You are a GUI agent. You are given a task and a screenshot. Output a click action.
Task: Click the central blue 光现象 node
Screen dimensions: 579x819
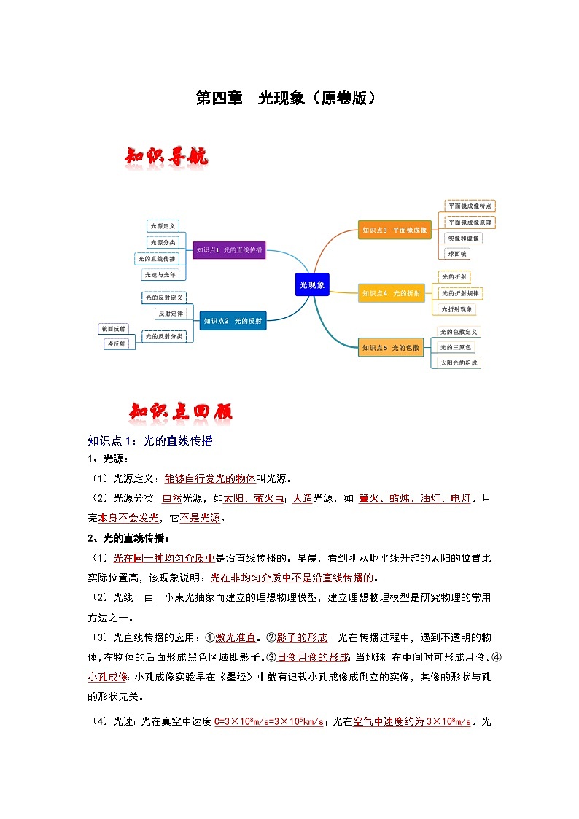[312, 284]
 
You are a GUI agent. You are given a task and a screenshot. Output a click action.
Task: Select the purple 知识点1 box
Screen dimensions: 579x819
[229, 250]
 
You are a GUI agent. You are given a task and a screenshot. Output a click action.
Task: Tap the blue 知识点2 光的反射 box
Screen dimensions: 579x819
[233, 320]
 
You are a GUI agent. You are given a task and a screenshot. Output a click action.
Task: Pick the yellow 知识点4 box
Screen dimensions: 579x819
[392, 293]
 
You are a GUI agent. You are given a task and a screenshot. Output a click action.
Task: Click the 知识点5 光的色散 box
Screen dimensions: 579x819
[392, 348]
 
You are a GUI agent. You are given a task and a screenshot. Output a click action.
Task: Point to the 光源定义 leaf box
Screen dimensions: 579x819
[163, 227]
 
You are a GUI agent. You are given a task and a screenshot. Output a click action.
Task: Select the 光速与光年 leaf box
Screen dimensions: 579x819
[159, 275]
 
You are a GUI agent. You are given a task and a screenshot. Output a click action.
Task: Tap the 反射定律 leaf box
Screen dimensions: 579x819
[171, 313]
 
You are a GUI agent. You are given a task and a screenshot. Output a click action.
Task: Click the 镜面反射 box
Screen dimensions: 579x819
[114, 329]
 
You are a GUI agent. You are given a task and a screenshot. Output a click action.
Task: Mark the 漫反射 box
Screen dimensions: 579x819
[117, 343]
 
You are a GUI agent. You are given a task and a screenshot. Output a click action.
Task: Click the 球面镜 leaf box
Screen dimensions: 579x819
[457, 254]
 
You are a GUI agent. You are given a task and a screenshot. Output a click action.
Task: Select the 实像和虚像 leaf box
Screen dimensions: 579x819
[463, 238]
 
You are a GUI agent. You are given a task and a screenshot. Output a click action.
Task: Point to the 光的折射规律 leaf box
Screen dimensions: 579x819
[460, 293]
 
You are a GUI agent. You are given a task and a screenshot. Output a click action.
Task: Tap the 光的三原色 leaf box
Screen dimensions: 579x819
[456, 347]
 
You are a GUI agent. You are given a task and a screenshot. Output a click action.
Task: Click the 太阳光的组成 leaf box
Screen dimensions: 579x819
[459, 362]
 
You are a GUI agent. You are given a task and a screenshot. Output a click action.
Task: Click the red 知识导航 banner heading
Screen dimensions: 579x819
[167, 157]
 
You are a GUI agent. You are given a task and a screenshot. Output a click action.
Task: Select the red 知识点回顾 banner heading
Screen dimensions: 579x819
[180, 412]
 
